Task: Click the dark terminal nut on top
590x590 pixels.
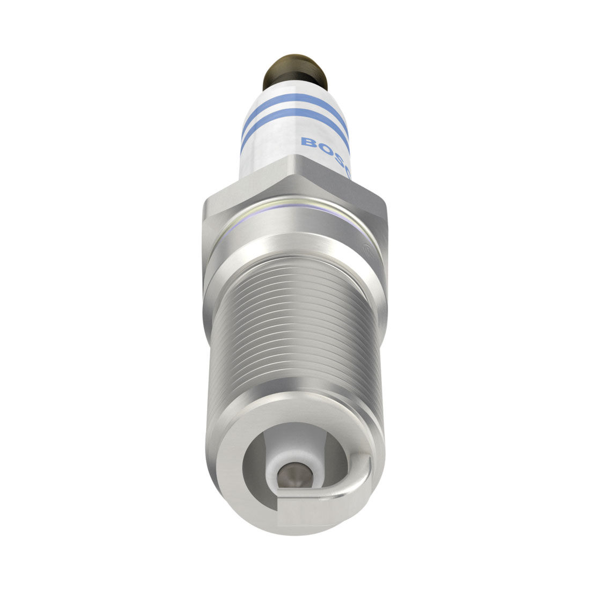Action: [x=294, y=72]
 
